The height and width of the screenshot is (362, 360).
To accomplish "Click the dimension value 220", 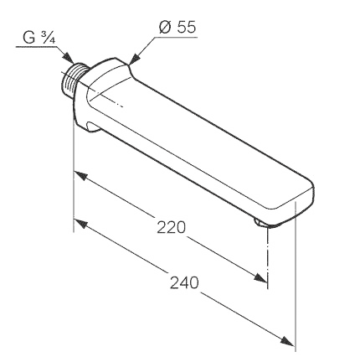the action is pos(171,227).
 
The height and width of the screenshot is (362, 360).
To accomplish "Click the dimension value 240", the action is pos(184,282).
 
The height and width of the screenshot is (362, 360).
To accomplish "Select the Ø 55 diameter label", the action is pos(177,27).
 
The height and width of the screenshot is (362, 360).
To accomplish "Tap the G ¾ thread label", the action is pos(39,38).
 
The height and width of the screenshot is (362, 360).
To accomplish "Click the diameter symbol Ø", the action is pos(165,28).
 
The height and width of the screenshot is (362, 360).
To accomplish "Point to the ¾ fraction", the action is pos(48,38).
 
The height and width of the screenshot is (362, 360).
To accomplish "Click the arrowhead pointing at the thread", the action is pos(68,58).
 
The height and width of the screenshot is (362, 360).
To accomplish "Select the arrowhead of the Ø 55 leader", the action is pos(135,59).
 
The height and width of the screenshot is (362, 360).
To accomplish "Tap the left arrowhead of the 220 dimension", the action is pos(80,176).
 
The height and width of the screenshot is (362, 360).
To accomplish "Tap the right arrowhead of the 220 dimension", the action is pos(260,277).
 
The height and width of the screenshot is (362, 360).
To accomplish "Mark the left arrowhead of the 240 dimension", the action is pos(80,225).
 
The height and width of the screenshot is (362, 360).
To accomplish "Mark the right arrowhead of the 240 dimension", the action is pos(287,341).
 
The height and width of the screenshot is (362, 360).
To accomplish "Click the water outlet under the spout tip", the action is pos(261,223).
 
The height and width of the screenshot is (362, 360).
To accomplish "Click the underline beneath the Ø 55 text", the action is pos(177,37).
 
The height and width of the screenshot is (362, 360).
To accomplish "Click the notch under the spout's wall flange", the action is pos(94,127).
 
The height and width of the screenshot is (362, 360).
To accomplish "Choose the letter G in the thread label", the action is pos(29,38).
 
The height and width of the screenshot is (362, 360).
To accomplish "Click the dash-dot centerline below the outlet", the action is pos(268,258).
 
